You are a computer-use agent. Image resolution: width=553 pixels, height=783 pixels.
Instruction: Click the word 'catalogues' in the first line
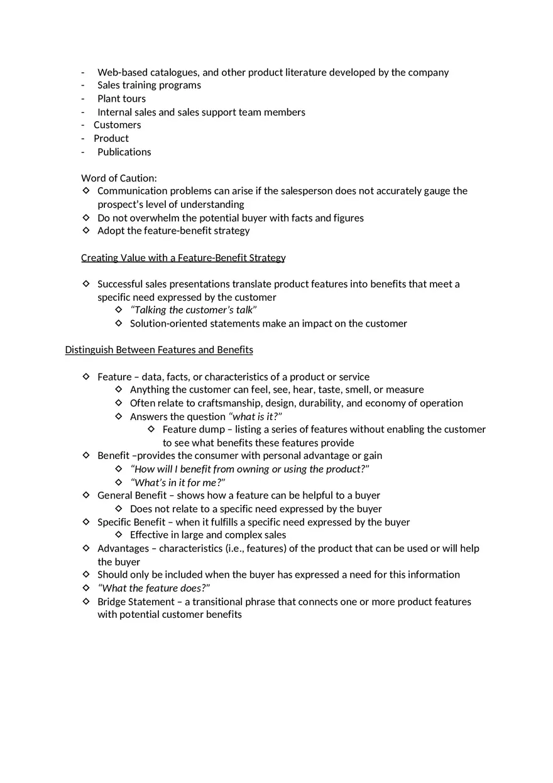coord(175,72)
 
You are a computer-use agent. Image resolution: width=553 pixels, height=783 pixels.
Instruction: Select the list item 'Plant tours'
coord(121,99)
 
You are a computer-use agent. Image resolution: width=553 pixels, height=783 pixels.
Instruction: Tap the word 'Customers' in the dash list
coord(117,125)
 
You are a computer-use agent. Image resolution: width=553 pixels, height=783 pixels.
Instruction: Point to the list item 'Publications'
coord(124,152)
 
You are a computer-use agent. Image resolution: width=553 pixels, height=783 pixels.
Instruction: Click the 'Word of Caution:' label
coord(119,178)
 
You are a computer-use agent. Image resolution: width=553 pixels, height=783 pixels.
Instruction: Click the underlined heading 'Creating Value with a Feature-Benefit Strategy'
coord(183,257)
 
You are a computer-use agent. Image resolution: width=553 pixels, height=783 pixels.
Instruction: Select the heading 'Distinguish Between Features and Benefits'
coord(159,350)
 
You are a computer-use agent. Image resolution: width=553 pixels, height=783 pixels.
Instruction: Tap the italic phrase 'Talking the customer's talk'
coord(194,310)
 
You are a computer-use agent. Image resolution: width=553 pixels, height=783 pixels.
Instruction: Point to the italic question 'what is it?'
coord(255,417)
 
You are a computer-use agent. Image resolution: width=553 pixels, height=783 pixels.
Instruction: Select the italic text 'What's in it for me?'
coord(178,483)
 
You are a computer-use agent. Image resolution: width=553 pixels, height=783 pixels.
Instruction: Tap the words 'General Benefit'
coord(132,495)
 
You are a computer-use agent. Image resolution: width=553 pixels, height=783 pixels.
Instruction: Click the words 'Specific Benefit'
coord(131,522)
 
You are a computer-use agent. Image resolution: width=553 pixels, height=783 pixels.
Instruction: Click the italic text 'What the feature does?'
coord(154,588)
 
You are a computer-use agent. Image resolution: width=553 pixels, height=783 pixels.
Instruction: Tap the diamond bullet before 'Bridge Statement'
coord(86,602)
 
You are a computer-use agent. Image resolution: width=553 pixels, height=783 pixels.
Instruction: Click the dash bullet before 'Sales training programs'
coord(82,85)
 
